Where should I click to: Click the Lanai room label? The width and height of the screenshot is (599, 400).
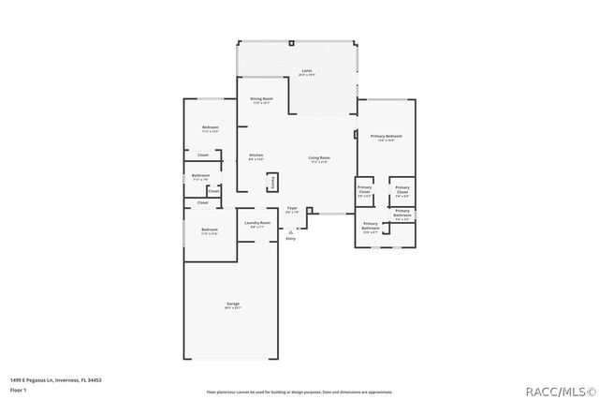(x=306, y=72)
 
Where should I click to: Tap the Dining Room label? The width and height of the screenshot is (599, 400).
(x=261, y=99)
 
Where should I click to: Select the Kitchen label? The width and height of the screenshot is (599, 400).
(x=256, y=156)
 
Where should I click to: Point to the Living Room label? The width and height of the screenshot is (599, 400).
(x=319, y=159)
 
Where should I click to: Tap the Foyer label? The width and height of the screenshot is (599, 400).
(x=292, y=210)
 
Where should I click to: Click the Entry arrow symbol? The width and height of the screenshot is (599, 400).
(x=290, y=230)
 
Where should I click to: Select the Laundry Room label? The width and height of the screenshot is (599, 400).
(x=257, y=224)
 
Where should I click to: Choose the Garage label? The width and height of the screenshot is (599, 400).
(x=233, y=305)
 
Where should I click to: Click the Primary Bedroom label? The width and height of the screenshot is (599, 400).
(x=386, y=138)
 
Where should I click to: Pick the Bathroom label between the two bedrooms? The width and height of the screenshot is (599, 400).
(x=200, y=176)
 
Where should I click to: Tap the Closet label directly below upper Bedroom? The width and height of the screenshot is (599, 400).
(x=203, y=155)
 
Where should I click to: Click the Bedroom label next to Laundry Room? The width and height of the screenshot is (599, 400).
(x=209, y=230)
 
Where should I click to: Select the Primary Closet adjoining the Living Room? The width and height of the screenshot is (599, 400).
(x=365, y=190)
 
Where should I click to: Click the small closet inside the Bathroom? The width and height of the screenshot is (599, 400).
(x=213, y=191)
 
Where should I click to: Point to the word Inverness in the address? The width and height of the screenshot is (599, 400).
(x=66, y=379)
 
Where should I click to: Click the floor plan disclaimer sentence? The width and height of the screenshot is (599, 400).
(x=299, y=392)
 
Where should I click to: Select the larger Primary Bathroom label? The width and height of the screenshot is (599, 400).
(x=371, y=226)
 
